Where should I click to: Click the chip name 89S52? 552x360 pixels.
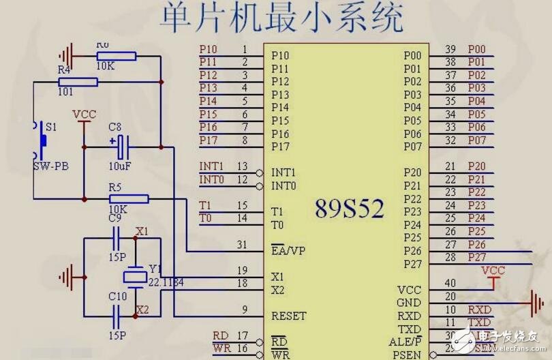(x=349, y=209)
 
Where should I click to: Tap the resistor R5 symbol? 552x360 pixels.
(x=129, y=199)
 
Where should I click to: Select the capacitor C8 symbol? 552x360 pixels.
(x=121, y=145)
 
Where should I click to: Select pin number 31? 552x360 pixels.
(x=242, y=245)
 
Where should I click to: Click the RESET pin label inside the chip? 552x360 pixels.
(x=288, y=316)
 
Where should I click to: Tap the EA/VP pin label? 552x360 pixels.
(x=288, y=250)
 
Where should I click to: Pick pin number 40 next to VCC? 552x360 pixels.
(x=450, y=282)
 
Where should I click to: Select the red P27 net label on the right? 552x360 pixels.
(x=477, y=257)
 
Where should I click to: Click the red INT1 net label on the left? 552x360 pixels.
(x=211, y=166)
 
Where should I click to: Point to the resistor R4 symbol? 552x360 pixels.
(x=78, y=82)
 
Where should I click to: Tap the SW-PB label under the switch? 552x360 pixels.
(x=50, y=166)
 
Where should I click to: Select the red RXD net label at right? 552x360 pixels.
(x=480, y=309)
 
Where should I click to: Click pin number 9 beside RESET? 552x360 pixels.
(x=243, y=310)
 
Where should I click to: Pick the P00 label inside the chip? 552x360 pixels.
(x=413, y=55)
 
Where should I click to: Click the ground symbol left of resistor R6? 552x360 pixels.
(x=66, y=53)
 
